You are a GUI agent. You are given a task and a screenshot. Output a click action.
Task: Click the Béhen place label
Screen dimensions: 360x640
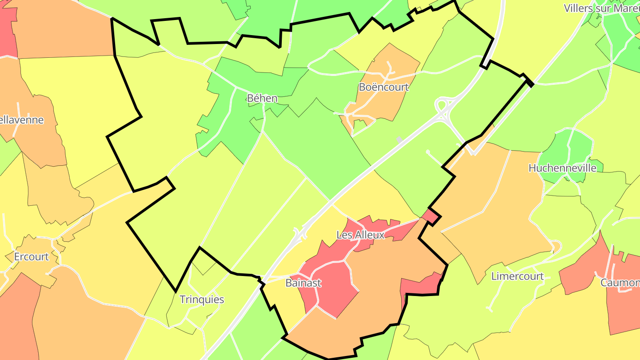click(x=262, y=98)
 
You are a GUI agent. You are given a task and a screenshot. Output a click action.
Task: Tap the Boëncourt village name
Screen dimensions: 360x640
click(x=384, y=87)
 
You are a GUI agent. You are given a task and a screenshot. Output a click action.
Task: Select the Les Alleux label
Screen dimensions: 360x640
click(x=360, y=235)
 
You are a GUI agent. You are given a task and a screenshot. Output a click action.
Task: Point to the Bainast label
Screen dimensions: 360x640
click(x=303, y=283)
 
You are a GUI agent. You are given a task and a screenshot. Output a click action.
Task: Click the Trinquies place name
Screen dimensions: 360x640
click(x=202, y=300)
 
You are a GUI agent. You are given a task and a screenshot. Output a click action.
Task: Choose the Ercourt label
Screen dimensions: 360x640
click(x=32, y=257)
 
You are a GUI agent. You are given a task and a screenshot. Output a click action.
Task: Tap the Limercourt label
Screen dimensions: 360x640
click(x=517, y=276)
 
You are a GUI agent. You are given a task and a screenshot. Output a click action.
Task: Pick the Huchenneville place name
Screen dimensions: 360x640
click(x=562, y=168)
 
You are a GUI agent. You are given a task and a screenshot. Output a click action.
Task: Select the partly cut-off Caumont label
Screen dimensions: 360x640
click(x=620, y=283)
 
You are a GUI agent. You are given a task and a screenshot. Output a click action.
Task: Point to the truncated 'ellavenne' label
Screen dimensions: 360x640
click(x=22, y=120)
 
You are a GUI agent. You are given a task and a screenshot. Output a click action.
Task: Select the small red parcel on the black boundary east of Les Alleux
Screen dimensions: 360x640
click(x=432, y=217)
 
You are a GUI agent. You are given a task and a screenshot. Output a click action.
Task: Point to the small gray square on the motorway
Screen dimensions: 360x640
click(x=399, y=140)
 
